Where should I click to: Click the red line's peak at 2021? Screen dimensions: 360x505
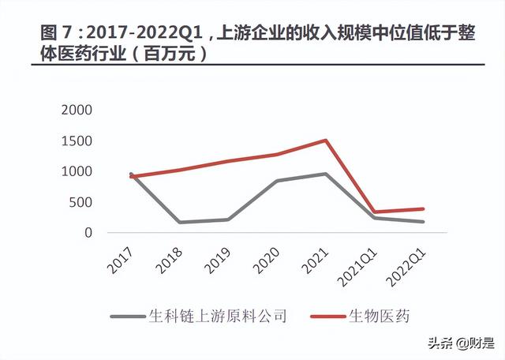tap(326, 141)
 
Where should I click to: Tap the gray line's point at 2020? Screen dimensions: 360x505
tap(275, 181)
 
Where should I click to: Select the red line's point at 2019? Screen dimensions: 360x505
tap(229, 161)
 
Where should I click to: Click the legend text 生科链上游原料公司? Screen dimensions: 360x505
tap(217, 317)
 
